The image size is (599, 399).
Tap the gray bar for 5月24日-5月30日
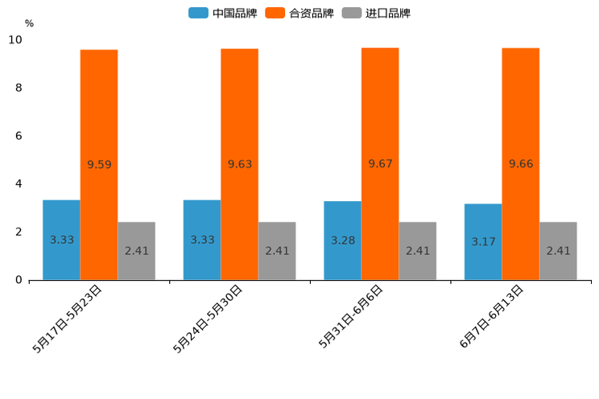coord(277,251)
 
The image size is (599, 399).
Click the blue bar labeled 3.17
coord(483,241)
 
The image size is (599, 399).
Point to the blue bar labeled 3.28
coord(342,241)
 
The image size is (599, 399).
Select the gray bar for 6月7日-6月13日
coord(558,251)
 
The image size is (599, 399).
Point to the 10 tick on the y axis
coord(15,39)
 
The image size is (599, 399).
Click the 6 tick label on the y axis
coord(19,135)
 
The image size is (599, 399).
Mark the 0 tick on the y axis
coord(19,280)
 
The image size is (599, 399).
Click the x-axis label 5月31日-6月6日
coord(351,316)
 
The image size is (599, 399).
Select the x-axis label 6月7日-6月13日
coord(492,316)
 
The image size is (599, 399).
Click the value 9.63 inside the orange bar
coord(240,164)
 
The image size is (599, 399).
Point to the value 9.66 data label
coord(521,164)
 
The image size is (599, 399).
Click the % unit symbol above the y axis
coord(29,23)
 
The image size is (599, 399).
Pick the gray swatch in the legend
coord(351,13)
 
